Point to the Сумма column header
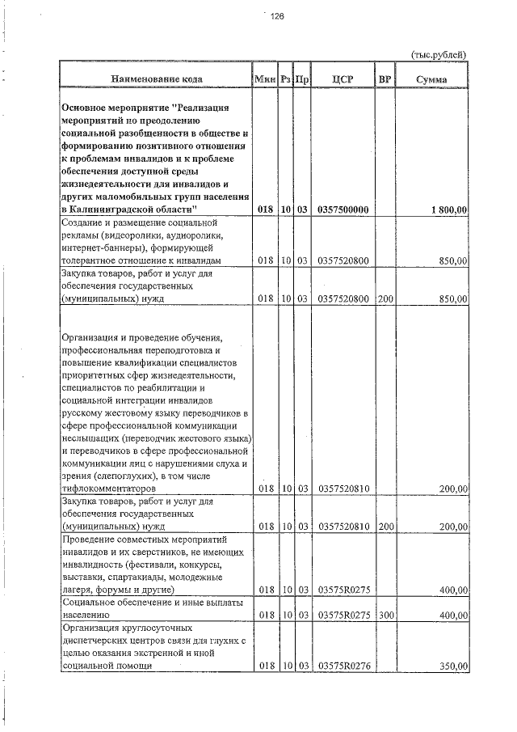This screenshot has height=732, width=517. (x=432, y=78)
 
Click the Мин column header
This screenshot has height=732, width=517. (x=265, y=78)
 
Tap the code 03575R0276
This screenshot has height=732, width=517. (x=343, y=666)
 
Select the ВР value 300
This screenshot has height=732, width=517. (x=385, y=616)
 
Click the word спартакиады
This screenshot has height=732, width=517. (x=125, y=578)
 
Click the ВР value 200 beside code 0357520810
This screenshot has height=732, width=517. (x=385, y=527)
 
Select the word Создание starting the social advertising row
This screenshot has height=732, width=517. (x=84, y=222)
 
